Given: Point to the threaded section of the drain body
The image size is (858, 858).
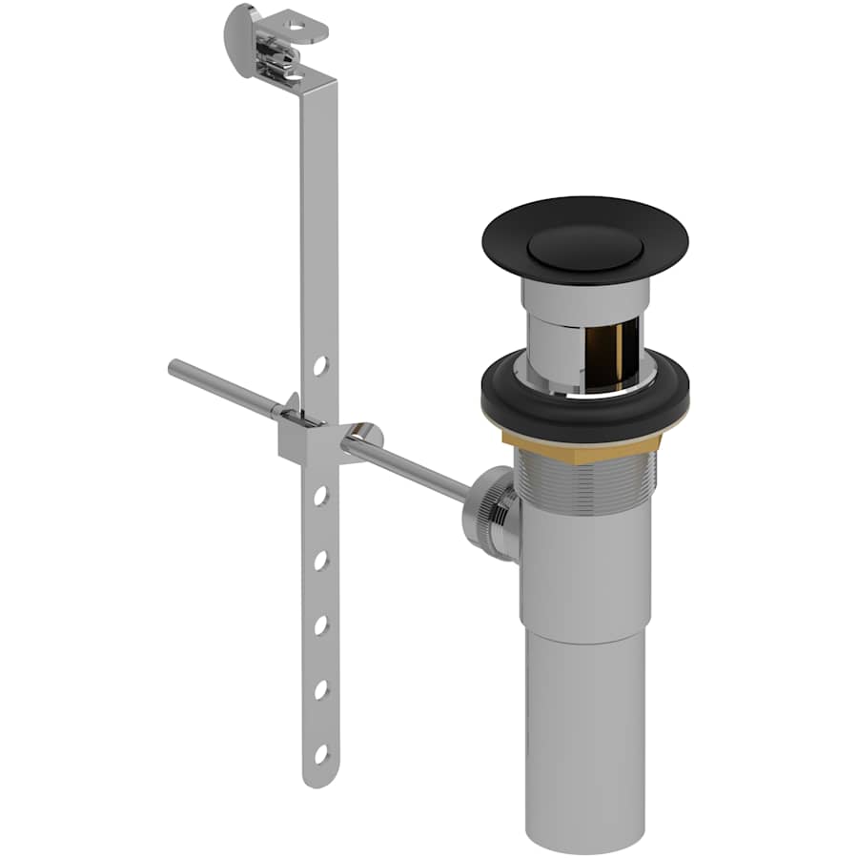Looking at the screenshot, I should (585, 496).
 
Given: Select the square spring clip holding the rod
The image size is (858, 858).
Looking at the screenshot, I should (303, 440).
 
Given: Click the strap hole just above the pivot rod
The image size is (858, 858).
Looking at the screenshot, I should (321, 365).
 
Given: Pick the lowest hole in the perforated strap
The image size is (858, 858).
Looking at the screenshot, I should (321, 754).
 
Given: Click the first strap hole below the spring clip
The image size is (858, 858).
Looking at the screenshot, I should (321, 496).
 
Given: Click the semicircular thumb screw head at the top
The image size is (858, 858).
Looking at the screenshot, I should (242, 29).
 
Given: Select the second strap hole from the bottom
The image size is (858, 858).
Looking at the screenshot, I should (321, 689).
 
